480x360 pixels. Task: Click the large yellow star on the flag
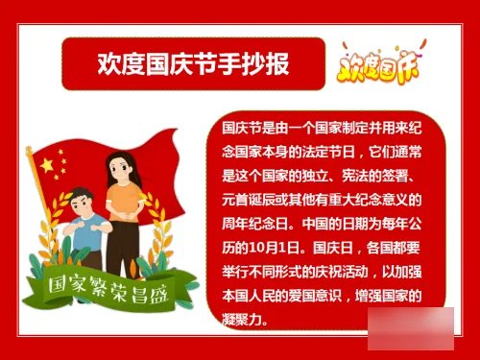tap(47, 163)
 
